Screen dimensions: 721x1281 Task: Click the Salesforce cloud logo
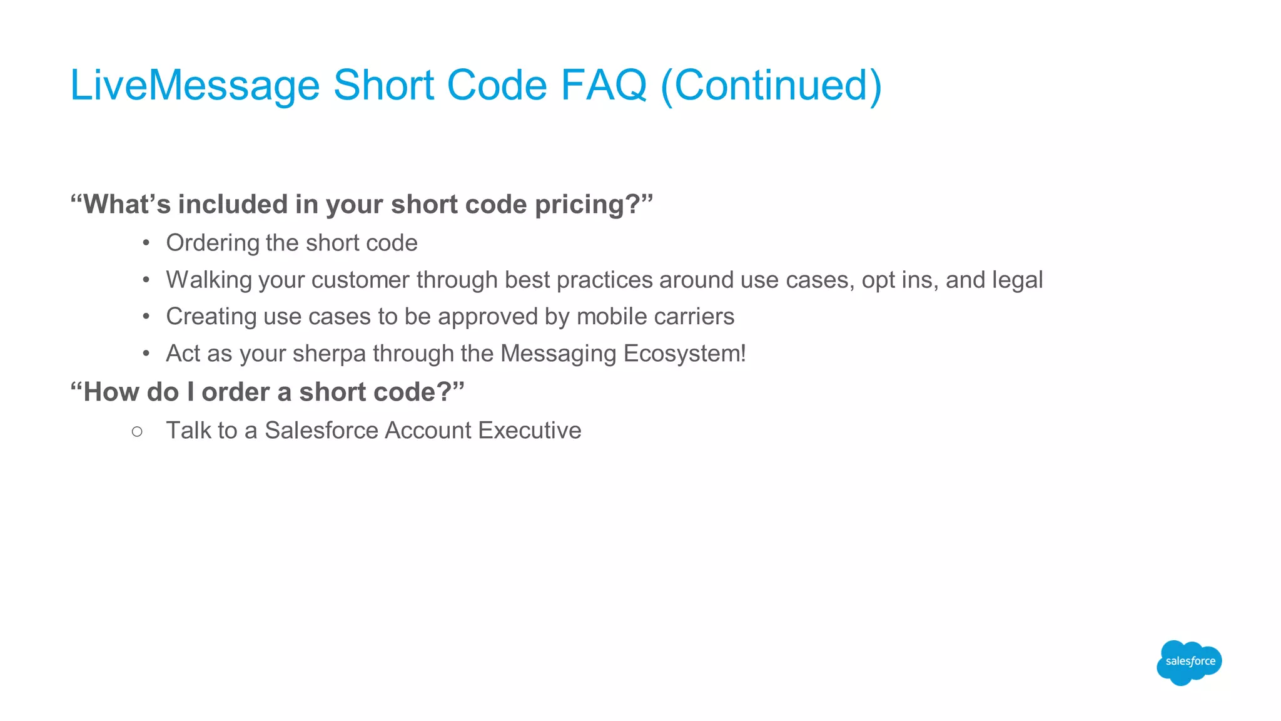1189,662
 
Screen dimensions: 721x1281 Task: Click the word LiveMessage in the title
195,85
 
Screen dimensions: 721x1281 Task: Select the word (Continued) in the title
771,85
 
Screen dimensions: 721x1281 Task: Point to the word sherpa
328,354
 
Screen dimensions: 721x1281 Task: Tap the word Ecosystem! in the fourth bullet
684,354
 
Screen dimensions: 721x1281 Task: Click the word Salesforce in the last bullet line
321,431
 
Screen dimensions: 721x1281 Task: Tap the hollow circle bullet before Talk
138,431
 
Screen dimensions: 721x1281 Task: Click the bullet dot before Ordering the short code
146,243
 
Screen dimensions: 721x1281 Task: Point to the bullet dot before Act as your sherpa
146,354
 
